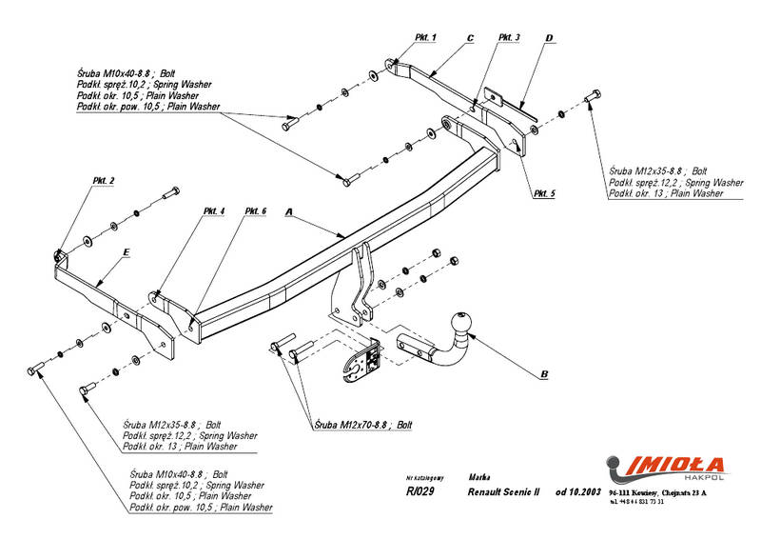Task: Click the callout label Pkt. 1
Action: click(425, 37)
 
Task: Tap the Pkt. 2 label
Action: click(105, 181)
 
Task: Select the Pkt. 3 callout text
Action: click(509, 37)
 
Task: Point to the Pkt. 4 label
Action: click(214, 210)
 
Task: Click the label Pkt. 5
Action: click(544, 193)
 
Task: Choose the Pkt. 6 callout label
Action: click(255, 210)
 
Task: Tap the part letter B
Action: click(543, 375)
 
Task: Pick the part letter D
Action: click(549, 38)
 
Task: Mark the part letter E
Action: click(126, 252)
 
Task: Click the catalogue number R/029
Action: click(420, 492)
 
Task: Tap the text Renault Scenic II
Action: click(503, 492)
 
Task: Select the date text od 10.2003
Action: click(577, 492)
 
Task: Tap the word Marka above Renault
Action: click(480, 474)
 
